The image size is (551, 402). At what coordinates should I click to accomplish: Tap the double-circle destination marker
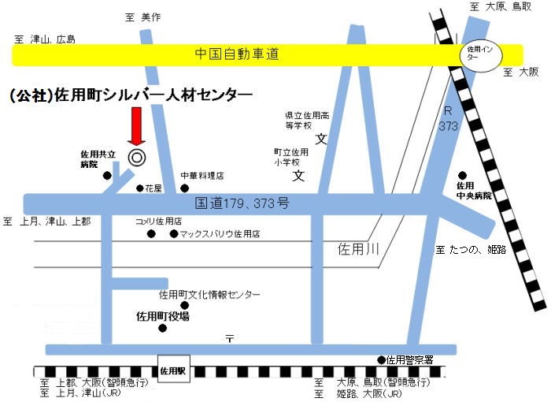(x=136, y=157)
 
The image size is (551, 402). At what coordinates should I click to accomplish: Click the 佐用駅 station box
(x=173, y=369)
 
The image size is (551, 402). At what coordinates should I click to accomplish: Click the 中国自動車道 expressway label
(x=237, y=54)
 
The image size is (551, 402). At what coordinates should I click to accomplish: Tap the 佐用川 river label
(x=358, y=249)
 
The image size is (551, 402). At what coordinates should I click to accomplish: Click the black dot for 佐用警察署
(x=382, y=359)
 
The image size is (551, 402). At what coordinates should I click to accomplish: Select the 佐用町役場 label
(x=163, y=316)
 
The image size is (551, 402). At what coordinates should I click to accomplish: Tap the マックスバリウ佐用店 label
(x=220, y=234)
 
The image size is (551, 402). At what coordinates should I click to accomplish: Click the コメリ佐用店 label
(x=158, y=221)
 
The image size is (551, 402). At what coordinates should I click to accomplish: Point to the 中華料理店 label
(x=202, y=176)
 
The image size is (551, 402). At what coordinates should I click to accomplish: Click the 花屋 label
(x=151, y=188)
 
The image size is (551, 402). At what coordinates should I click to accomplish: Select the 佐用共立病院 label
(x=98, y=159)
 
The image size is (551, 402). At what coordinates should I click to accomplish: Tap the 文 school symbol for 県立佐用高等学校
(x=321, y=140)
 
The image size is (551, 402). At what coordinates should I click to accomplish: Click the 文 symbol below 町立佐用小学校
(x=298, y=175)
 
